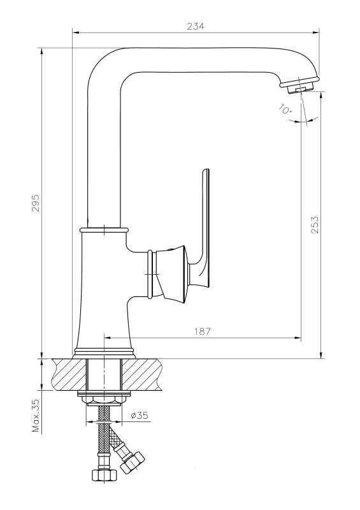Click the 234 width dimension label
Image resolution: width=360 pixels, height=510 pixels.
196,26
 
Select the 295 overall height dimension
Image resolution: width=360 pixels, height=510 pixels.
36,203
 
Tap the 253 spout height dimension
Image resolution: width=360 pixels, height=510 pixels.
315,224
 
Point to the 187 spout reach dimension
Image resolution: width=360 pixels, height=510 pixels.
203,331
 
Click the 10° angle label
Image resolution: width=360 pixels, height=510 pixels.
285,108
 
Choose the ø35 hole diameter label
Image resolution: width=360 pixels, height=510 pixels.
139,416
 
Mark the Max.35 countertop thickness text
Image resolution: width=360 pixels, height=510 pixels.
36,415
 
